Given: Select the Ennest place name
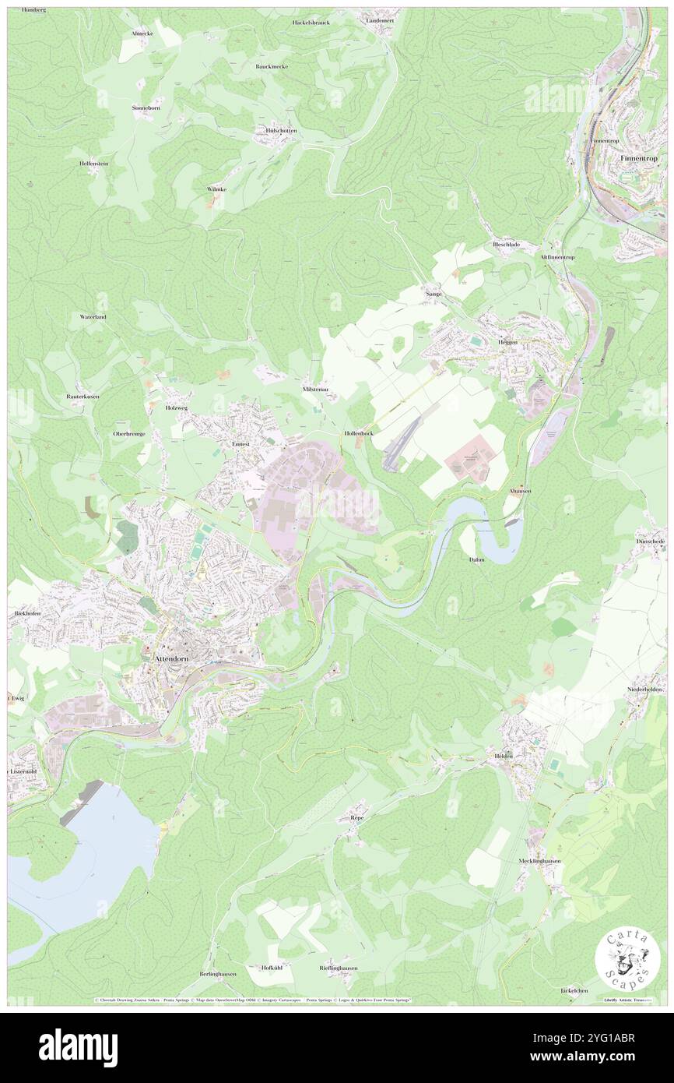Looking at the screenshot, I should [x=240, y=443].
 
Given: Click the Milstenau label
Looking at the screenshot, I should [x=314, y=388].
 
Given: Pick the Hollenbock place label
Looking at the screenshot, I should [x=358, y=432].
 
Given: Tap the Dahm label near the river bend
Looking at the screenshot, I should [x=477, y=559].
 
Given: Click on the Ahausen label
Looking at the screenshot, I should [x=519, y=492].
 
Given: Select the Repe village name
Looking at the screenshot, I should [x=357, y=818].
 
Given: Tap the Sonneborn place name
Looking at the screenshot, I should [x=146, y=108].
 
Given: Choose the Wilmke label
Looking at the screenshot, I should [x=216, y=189].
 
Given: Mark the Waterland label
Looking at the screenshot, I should [x=93, y=317].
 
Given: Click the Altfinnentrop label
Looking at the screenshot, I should [x=557, y=257].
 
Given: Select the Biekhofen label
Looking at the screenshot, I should [x=26, y=613].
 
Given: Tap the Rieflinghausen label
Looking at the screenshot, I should [x=338, y=968].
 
